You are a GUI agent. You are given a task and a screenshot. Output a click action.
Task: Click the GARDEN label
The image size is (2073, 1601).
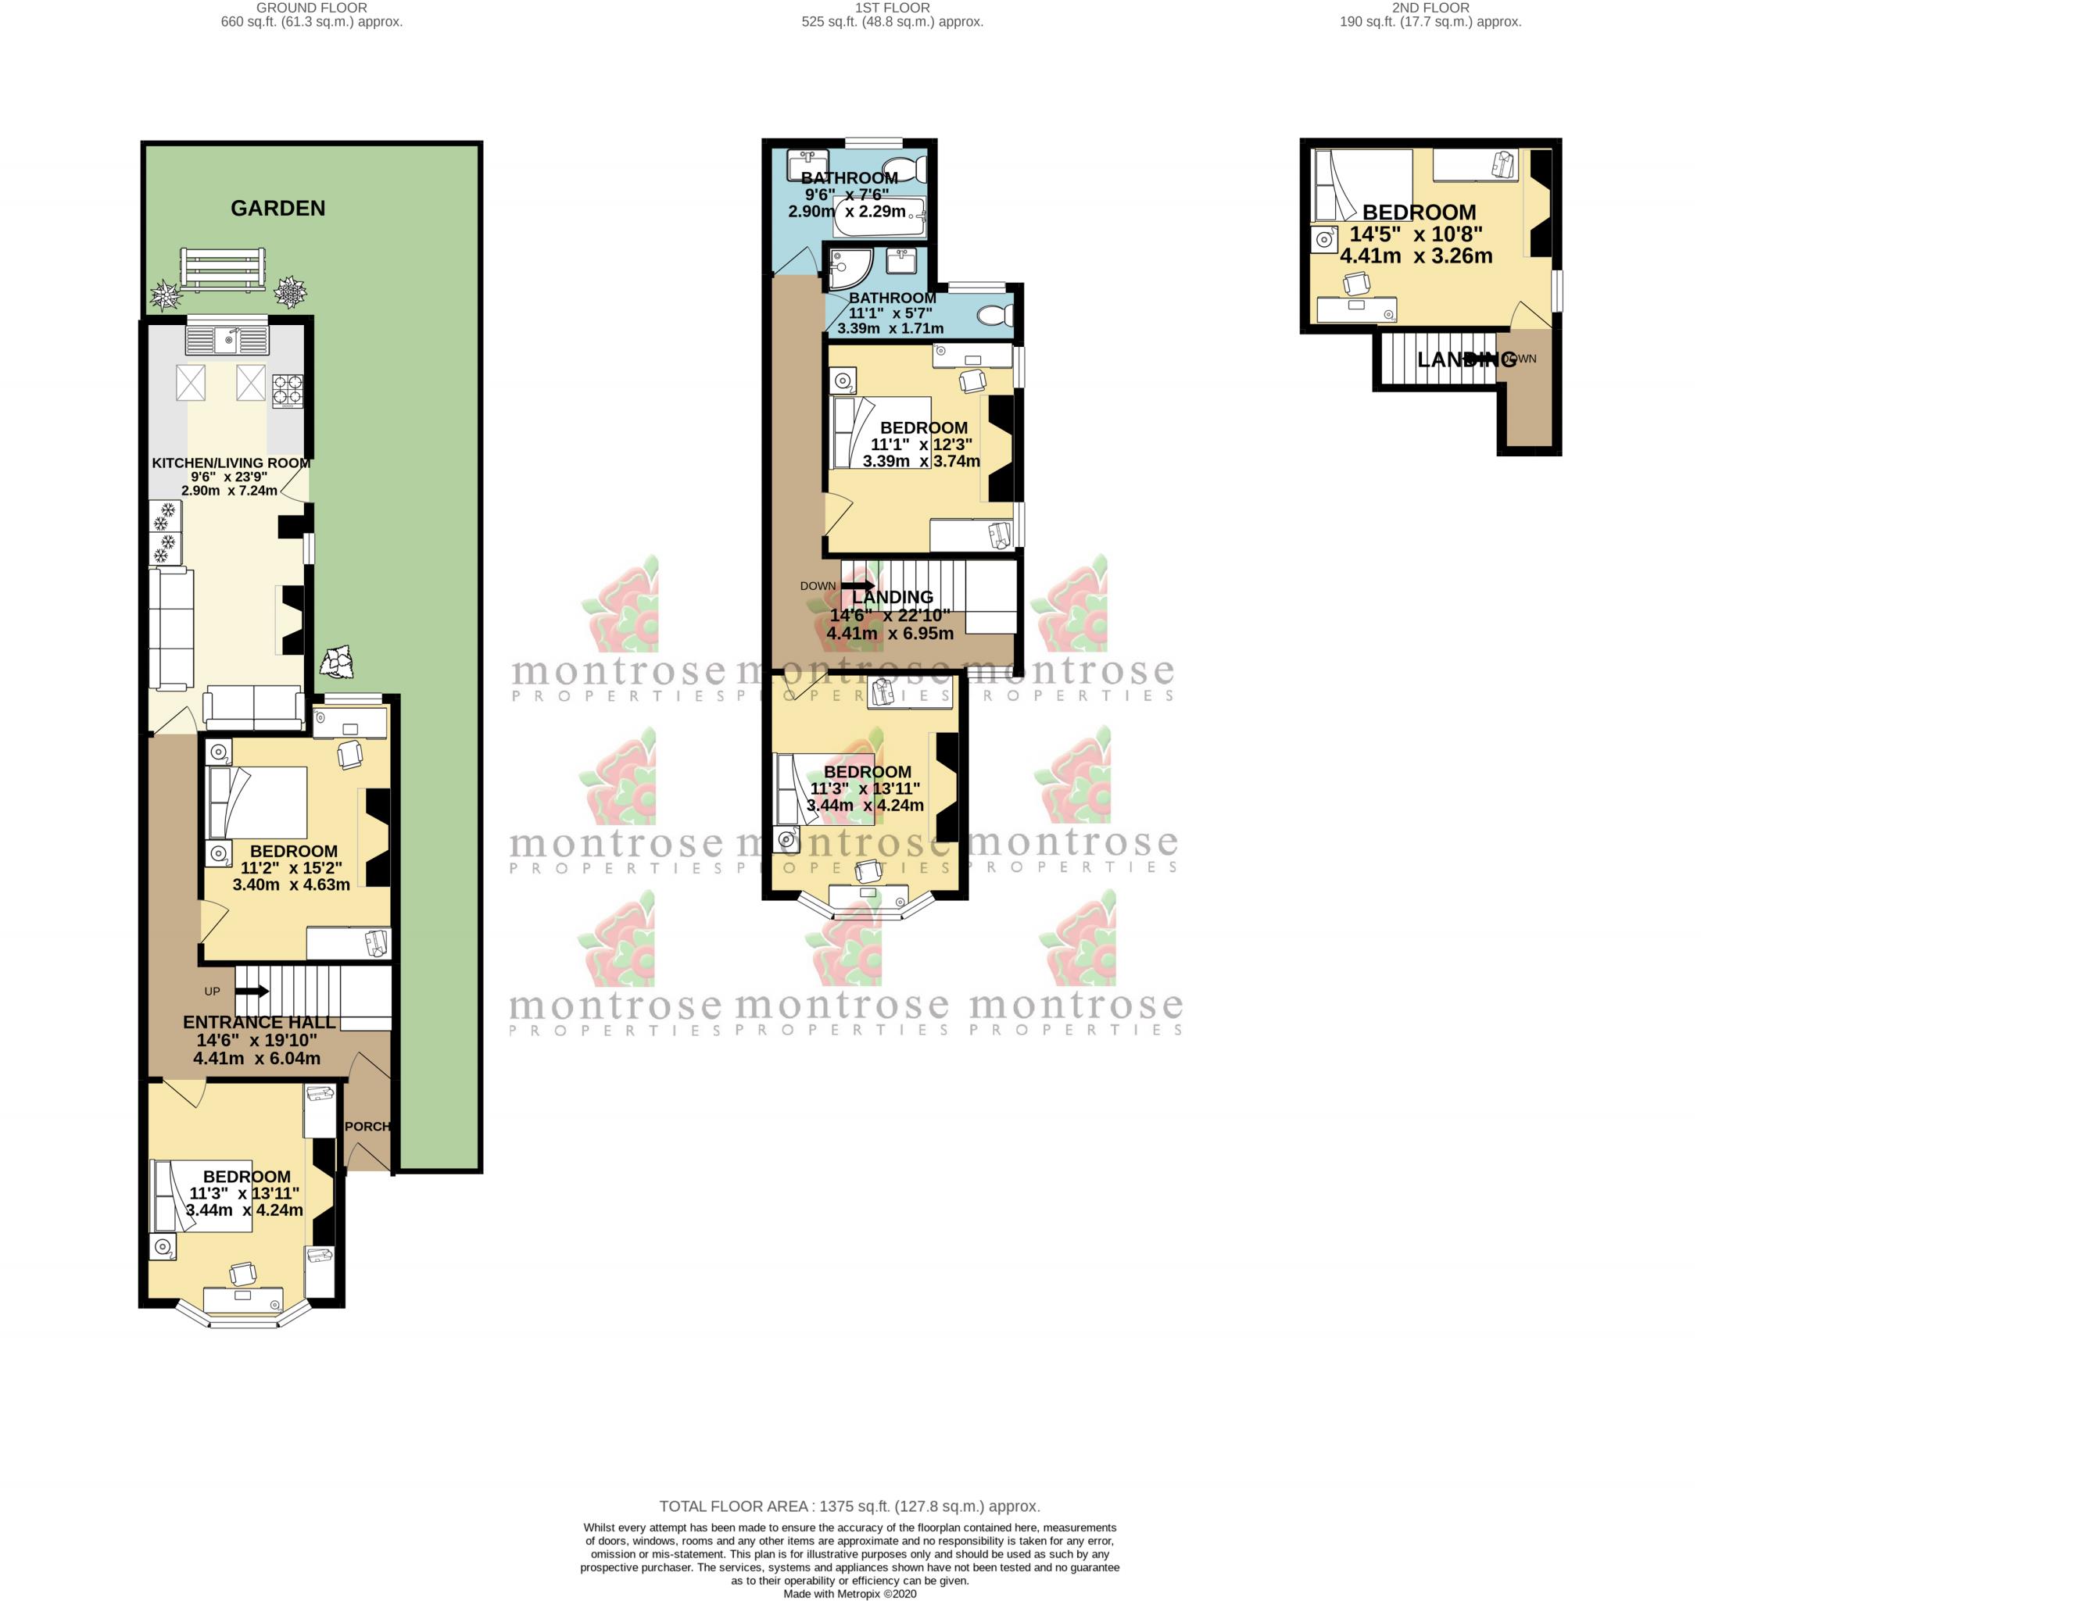(277, 208)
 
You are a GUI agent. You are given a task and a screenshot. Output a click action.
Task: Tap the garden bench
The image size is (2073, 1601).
(223, 268)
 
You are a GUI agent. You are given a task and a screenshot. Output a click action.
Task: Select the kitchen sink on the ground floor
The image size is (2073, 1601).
(227, 339)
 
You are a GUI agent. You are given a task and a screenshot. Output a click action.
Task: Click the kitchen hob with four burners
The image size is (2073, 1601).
(288, 391)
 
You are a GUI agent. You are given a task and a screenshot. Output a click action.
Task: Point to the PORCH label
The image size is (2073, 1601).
(367, 1127)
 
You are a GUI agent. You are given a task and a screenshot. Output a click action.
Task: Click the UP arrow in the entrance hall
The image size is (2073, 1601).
(252, 992)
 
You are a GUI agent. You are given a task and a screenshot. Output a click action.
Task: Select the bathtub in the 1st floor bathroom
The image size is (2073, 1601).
(877, 217)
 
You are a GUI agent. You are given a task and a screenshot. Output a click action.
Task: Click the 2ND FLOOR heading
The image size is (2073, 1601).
(1430, 8)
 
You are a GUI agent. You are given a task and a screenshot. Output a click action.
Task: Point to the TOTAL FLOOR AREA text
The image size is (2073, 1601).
(850, 1506)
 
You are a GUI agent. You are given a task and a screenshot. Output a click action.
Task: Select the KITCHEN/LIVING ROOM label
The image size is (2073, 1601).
(231, 463)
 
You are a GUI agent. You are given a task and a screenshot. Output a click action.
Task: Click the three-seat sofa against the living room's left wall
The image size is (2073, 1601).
(171, 629)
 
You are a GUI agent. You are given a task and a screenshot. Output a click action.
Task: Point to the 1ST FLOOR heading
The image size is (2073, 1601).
(892, 8)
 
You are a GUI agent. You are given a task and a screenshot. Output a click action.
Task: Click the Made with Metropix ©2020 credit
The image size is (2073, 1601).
(850, 1594)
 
